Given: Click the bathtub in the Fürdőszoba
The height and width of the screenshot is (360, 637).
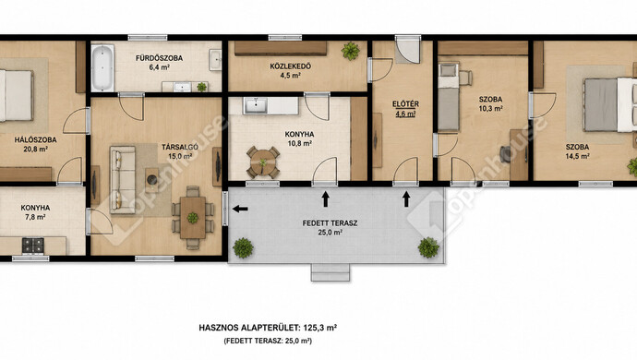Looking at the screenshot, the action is click(102, 68).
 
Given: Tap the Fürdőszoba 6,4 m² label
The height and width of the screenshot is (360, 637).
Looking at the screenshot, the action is click(159, 63).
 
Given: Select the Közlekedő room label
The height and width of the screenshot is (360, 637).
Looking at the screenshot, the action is click(291, 66).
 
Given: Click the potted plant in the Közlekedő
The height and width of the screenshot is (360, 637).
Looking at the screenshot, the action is click(350, 51).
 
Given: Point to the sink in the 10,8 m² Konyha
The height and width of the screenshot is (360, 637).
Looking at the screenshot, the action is click(256, 105).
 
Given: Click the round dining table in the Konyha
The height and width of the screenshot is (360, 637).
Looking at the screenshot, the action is click(263, 162).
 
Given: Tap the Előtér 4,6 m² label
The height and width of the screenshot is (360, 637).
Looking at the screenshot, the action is click(405, 109).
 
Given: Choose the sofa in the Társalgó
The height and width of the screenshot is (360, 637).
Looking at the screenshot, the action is click(122, 180).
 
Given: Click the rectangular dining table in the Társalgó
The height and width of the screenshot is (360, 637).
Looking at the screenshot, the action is click(193, 217).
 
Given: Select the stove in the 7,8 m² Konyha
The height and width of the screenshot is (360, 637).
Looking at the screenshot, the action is click(33, 246).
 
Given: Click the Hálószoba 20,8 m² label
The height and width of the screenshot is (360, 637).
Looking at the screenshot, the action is click(36, 144).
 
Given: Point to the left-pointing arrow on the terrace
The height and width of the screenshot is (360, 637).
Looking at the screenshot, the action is click(240, 209).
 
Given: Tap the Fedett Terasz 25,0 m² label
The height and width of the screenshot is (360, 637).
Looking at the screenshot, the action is click(330, 228).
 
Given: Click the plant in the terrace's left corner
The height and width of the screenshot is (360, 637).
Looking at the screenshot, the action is click(244, 248).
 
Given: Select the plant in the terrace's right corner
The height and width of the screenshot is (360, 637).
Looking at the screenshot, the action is click(428, 247).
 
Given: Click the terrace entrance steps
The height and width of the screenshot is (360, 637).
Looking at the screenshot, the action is click(331, 272).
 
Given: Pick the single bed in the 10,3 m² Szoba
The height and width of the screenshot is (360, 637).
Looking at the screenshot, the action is click(449, 97).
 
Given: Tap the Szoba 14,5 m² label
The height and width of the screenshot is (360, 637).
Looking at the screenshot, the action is click(577, 151).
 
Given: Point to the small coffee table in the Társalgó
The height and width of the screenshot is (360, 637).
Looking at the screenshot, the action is click(152, 180).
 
